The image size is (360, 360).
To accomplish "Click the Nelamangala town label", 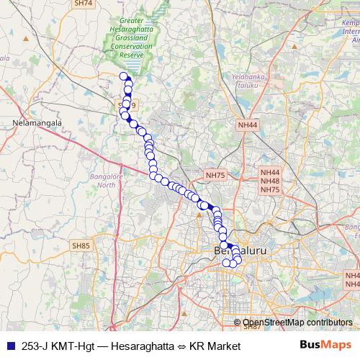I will [x=35, y=123].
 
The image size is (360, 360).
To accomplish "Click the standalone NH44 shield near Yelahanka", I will [x=247, y=125].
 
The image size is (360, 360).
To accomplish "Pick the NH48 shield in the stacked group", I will [x=270, y=181].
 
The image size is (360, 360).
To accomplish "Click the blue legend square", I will [x=10, y=346].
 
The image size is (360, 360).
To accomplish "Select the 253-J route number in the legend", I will [x=37, y=346].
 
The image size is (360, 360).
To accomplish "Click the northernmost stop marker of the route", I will [x=124, y=76].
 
